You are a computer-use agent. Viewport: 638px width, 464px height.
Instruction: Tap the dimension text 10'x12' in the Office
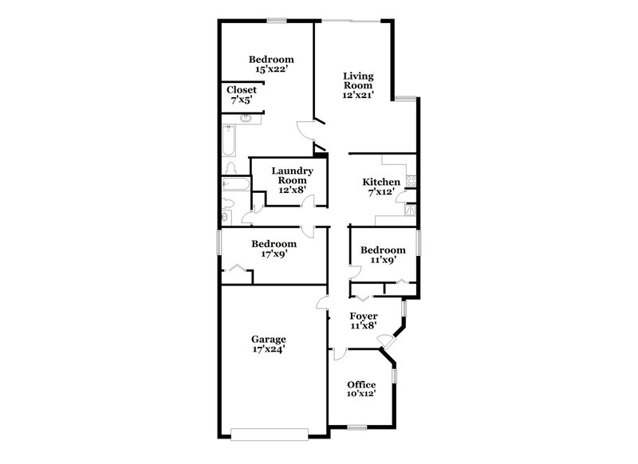tap(360, 393)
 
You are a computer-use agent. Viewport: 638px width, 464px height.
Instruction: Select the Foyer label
tap(363, 315)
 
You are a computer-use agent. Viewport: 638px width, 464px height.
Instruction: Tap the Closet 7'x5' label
tap(242, 95)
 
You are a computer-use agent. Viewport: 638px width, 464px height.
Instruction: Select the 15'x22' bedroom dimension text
tap(271, 69)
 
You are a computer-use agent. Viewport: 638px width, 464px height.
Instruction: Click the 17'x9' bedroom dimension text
tap(274, 254)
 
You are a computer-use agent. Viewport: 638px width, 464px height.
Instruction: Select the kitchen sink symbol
tap(411, 210)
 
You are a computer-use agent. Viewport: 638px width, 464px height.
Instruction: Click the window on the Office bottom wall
tap(356, 429)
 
